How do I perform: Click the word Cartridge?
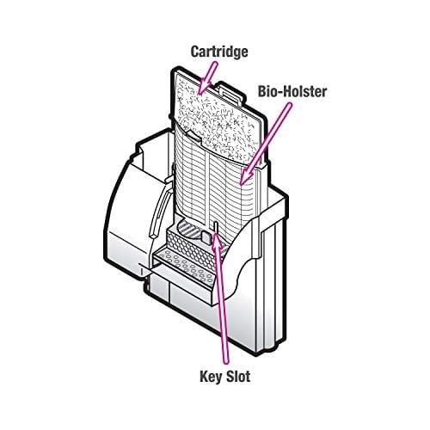[x=219, y=52]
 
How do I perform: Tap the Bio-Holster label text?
[x=292, y=91]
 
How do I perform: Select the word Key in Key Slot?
[x=212, y=376]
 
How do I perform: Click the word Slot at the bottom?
[x=238, y=376]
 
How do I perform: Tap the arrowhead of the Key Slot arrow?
[x=217, y=241]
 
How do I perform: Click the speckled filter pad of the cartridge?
[x=217, y=114]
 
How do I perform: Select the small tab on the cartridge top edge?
[x=230, y=92]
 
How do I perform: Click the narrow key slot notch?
[x=215, y=226]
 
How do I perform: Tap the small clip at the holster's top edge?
[x=193, y=135]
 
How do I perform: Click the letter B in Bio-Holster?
[x=262, y=92]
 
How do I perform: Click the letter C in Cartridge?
[x=195, y=52]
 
